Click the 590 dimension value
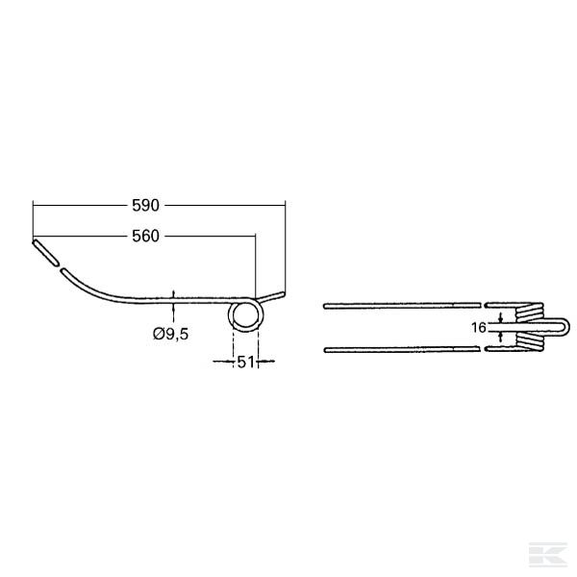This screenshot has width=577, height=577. pos(146,206)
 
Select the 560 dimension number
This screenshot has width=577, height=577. pos(146,237)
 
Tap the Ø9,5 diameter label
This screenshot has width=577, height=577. pos(171,334)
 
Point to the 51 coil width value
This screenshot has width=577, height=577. pos(245,363)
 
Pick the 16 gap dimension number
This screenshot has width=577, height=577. pos(479,327)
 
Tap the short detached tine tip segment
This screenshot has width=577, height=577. pos(45,252)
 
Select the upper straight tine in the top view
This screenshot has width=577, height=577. pos(402,306)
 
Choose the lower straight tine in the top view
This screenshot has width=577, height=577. pos(402,350)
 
